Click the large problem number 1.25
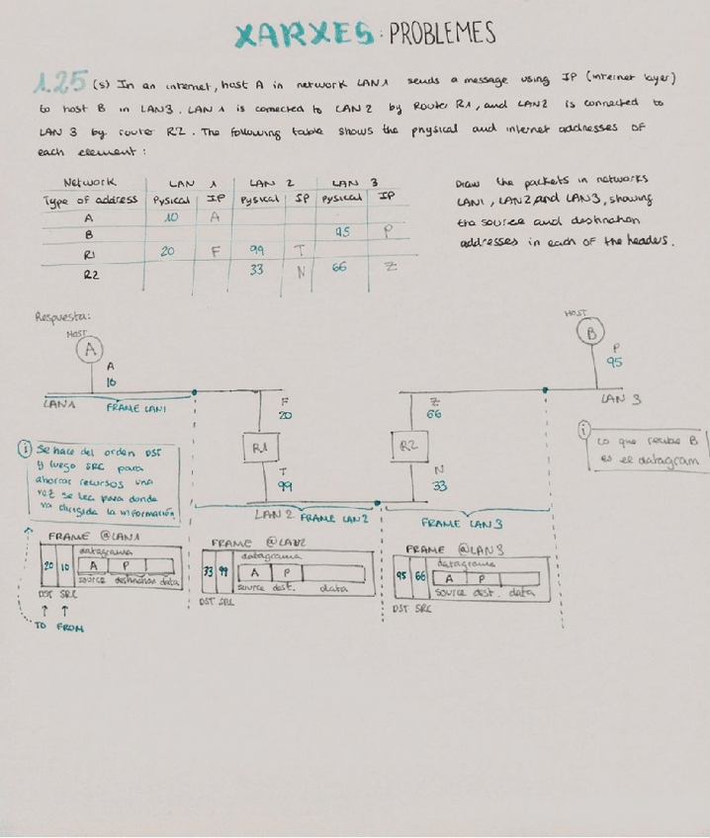pos(62,80)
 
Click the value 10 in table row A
pos(172,217)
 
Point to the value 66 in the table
pos(339,267)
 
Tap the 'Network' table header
pos(90,182)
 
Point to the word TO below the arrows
pos(41,627)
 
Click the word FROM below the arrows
pos(70,628)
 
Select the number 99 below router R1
pos(284,487)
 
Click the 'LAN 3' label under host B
pos(620,399)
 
